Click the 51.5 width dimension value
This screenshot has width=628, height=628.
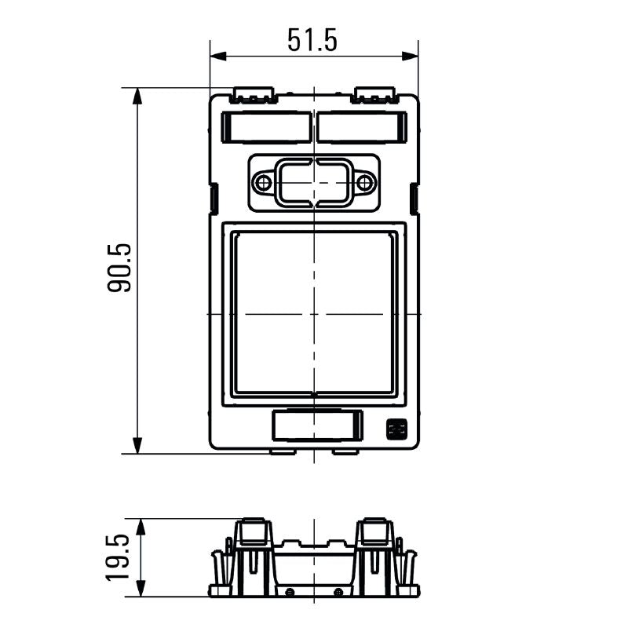(x=312, y=40)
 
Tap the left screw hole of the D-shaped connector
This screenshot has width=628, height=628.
(x=263, y=184)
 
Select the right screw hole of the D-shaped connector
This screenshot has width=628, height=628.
(x=365, y=184)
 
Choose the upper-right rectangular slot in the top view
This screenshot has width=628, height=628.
(x=362, y=127)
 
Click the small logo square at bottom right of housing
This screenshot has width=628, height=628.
(x=395, y=429)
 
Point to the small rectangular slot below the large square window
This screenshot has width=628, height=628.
(x=316, y=425)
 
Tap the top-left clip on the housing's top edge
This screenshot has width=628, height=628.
(x=254, y=97)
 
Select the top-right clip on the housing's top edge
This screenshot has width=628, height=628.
(x=374, y=97)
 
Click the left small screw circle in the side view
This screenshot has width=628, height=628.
(x=290, y=591)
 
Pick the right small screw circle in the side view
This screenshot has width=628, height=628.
(x=338, y=591)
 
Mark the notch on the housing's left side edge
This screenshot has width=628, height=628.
(x=212, y=198)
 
